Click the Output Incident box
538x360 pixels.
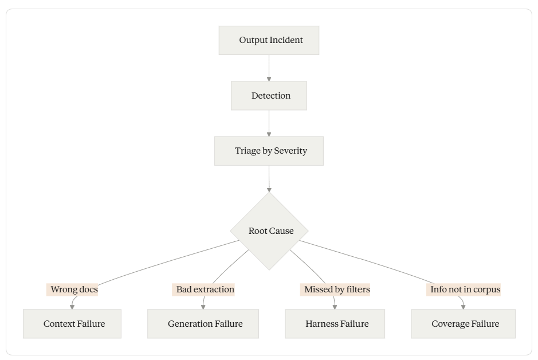[x=269, y=40]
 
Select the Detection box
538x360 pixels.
[x=269, y=96]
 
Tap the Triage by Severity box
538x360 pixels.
[x=269, y=151]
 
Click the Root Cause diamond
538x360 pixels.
[x=269, y=231]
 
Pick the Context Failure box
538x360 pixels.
[x=72, y=324]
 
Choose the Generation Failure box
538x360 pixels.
[x=203, y=324]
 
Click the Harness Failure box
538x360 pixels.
[x=335, y=324]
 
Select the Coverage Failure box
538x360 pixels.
[x=463, y=324]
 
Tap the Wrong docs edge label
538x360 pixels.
[x=72, y=289]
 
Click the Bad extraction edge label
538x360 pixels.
[x=203, y=289]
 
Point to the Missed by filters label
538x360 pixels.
[x=335, y=289]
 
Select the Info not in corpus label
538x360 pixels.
[x=464, y=289]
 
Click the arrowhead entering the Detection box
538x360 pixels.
[x=269, y=79]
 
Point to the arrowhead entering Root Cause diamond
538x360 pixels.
[x=269, y=190]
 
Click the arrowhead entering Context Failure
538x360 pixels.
[x=72, y=307]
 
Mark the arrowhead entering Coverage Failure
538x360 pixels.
[x=463, y=307]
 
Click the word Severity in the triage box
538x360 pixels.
[x=290, y=151]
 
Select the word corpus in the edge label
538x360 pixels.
[x=487, y=290]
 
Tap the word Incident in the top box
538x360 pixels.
[x=285, y=40]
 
